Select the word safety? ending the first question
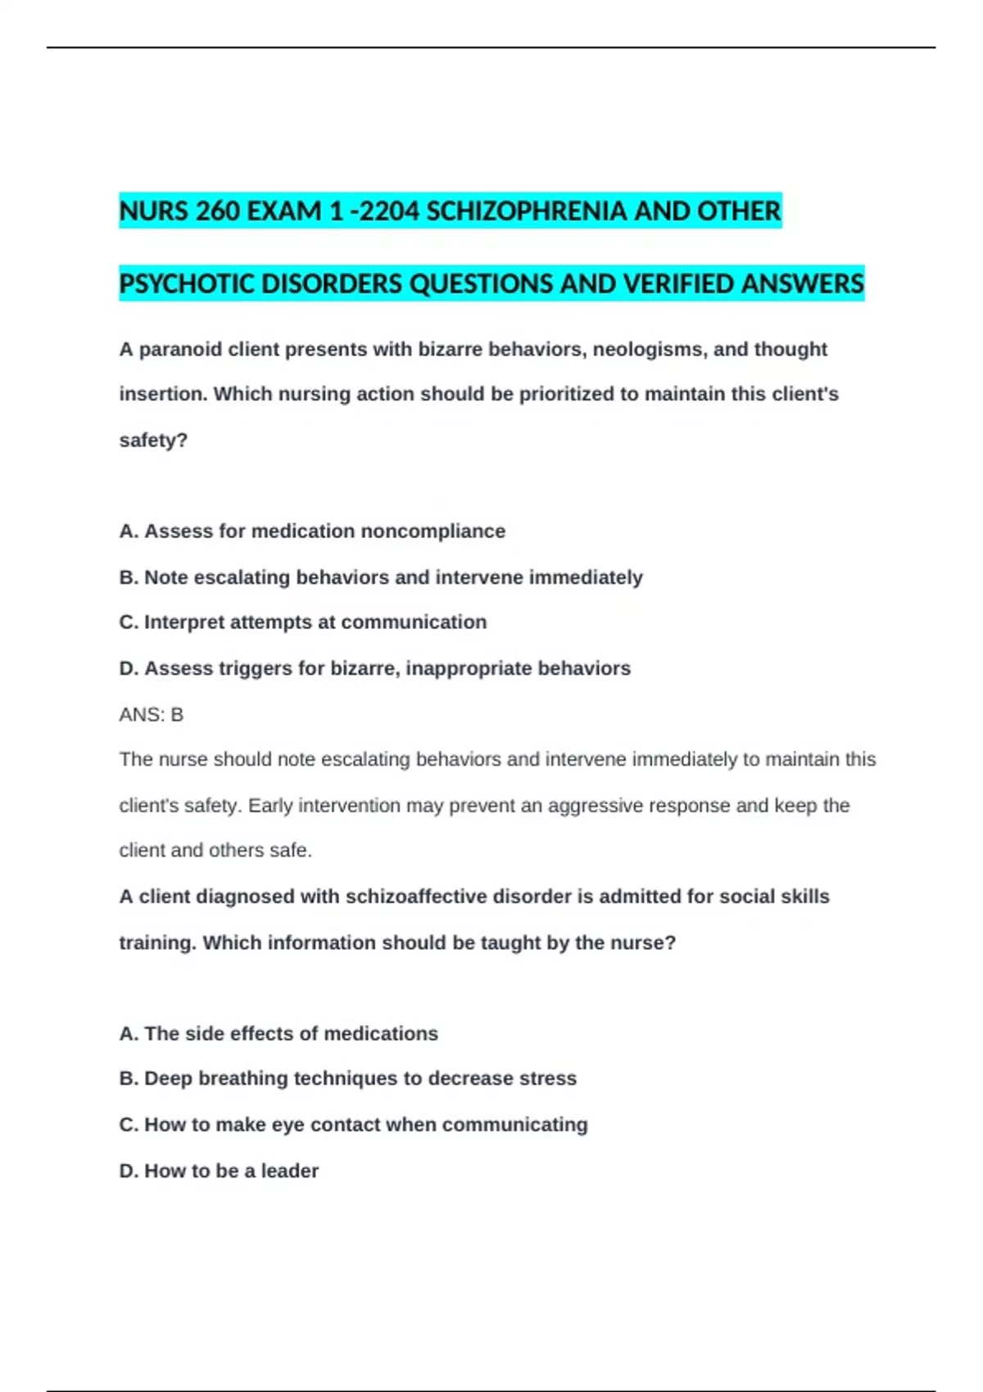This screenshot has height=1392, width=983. (153, 441)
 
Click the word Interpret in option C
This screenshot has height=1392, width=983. (184, 622)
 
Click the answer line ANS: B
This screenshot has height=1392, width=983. (152, 715)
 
